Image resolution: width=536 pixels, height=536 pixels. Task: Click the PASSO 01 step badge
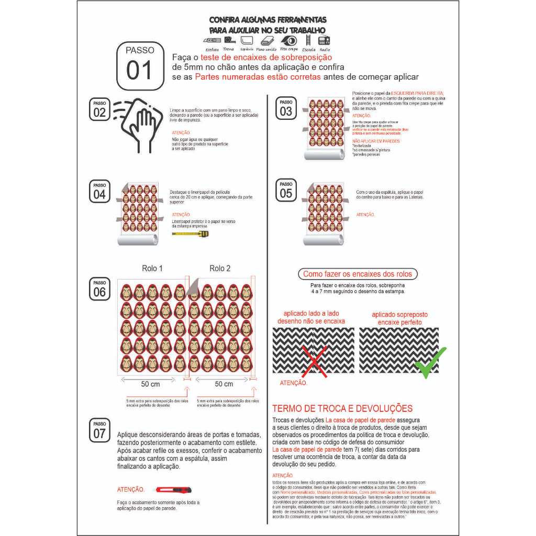point(139,65)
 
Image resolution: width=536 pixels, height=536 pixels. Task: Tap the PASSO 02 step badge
point(99,108)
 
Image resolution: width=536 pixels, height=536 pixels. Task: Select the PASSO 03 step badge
point(286,107)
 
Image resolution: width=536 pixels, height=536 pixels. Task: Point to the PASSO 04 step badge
point(99,192)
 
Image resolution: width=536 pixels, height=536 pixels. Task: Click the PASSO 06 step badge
point(99,288)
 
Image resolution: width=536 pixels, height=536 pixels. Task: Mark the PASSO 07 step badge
point(99,430)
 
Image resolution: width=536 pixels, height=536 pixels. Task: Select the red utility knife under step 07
point(173,490)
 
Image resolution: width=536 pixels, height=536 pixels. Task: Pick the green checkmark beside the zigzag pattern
point(430,362)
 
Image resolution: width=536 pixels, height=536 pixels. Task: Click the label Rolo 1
point(152,268)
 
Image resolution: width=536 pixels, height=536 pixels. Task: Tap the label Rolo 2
point(220,268)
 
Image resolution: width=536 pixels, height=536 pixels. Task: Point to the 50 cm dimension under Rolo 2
point(224,384)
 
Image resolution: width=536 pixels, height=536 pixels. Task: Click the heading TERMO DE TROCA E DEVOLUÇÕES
point(342,409)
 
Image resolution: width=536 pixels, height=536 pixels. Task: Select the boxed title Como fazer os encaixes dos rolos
point(358,274)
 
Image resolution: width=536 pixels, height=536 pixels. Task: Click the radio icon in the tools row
point(324,40)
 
